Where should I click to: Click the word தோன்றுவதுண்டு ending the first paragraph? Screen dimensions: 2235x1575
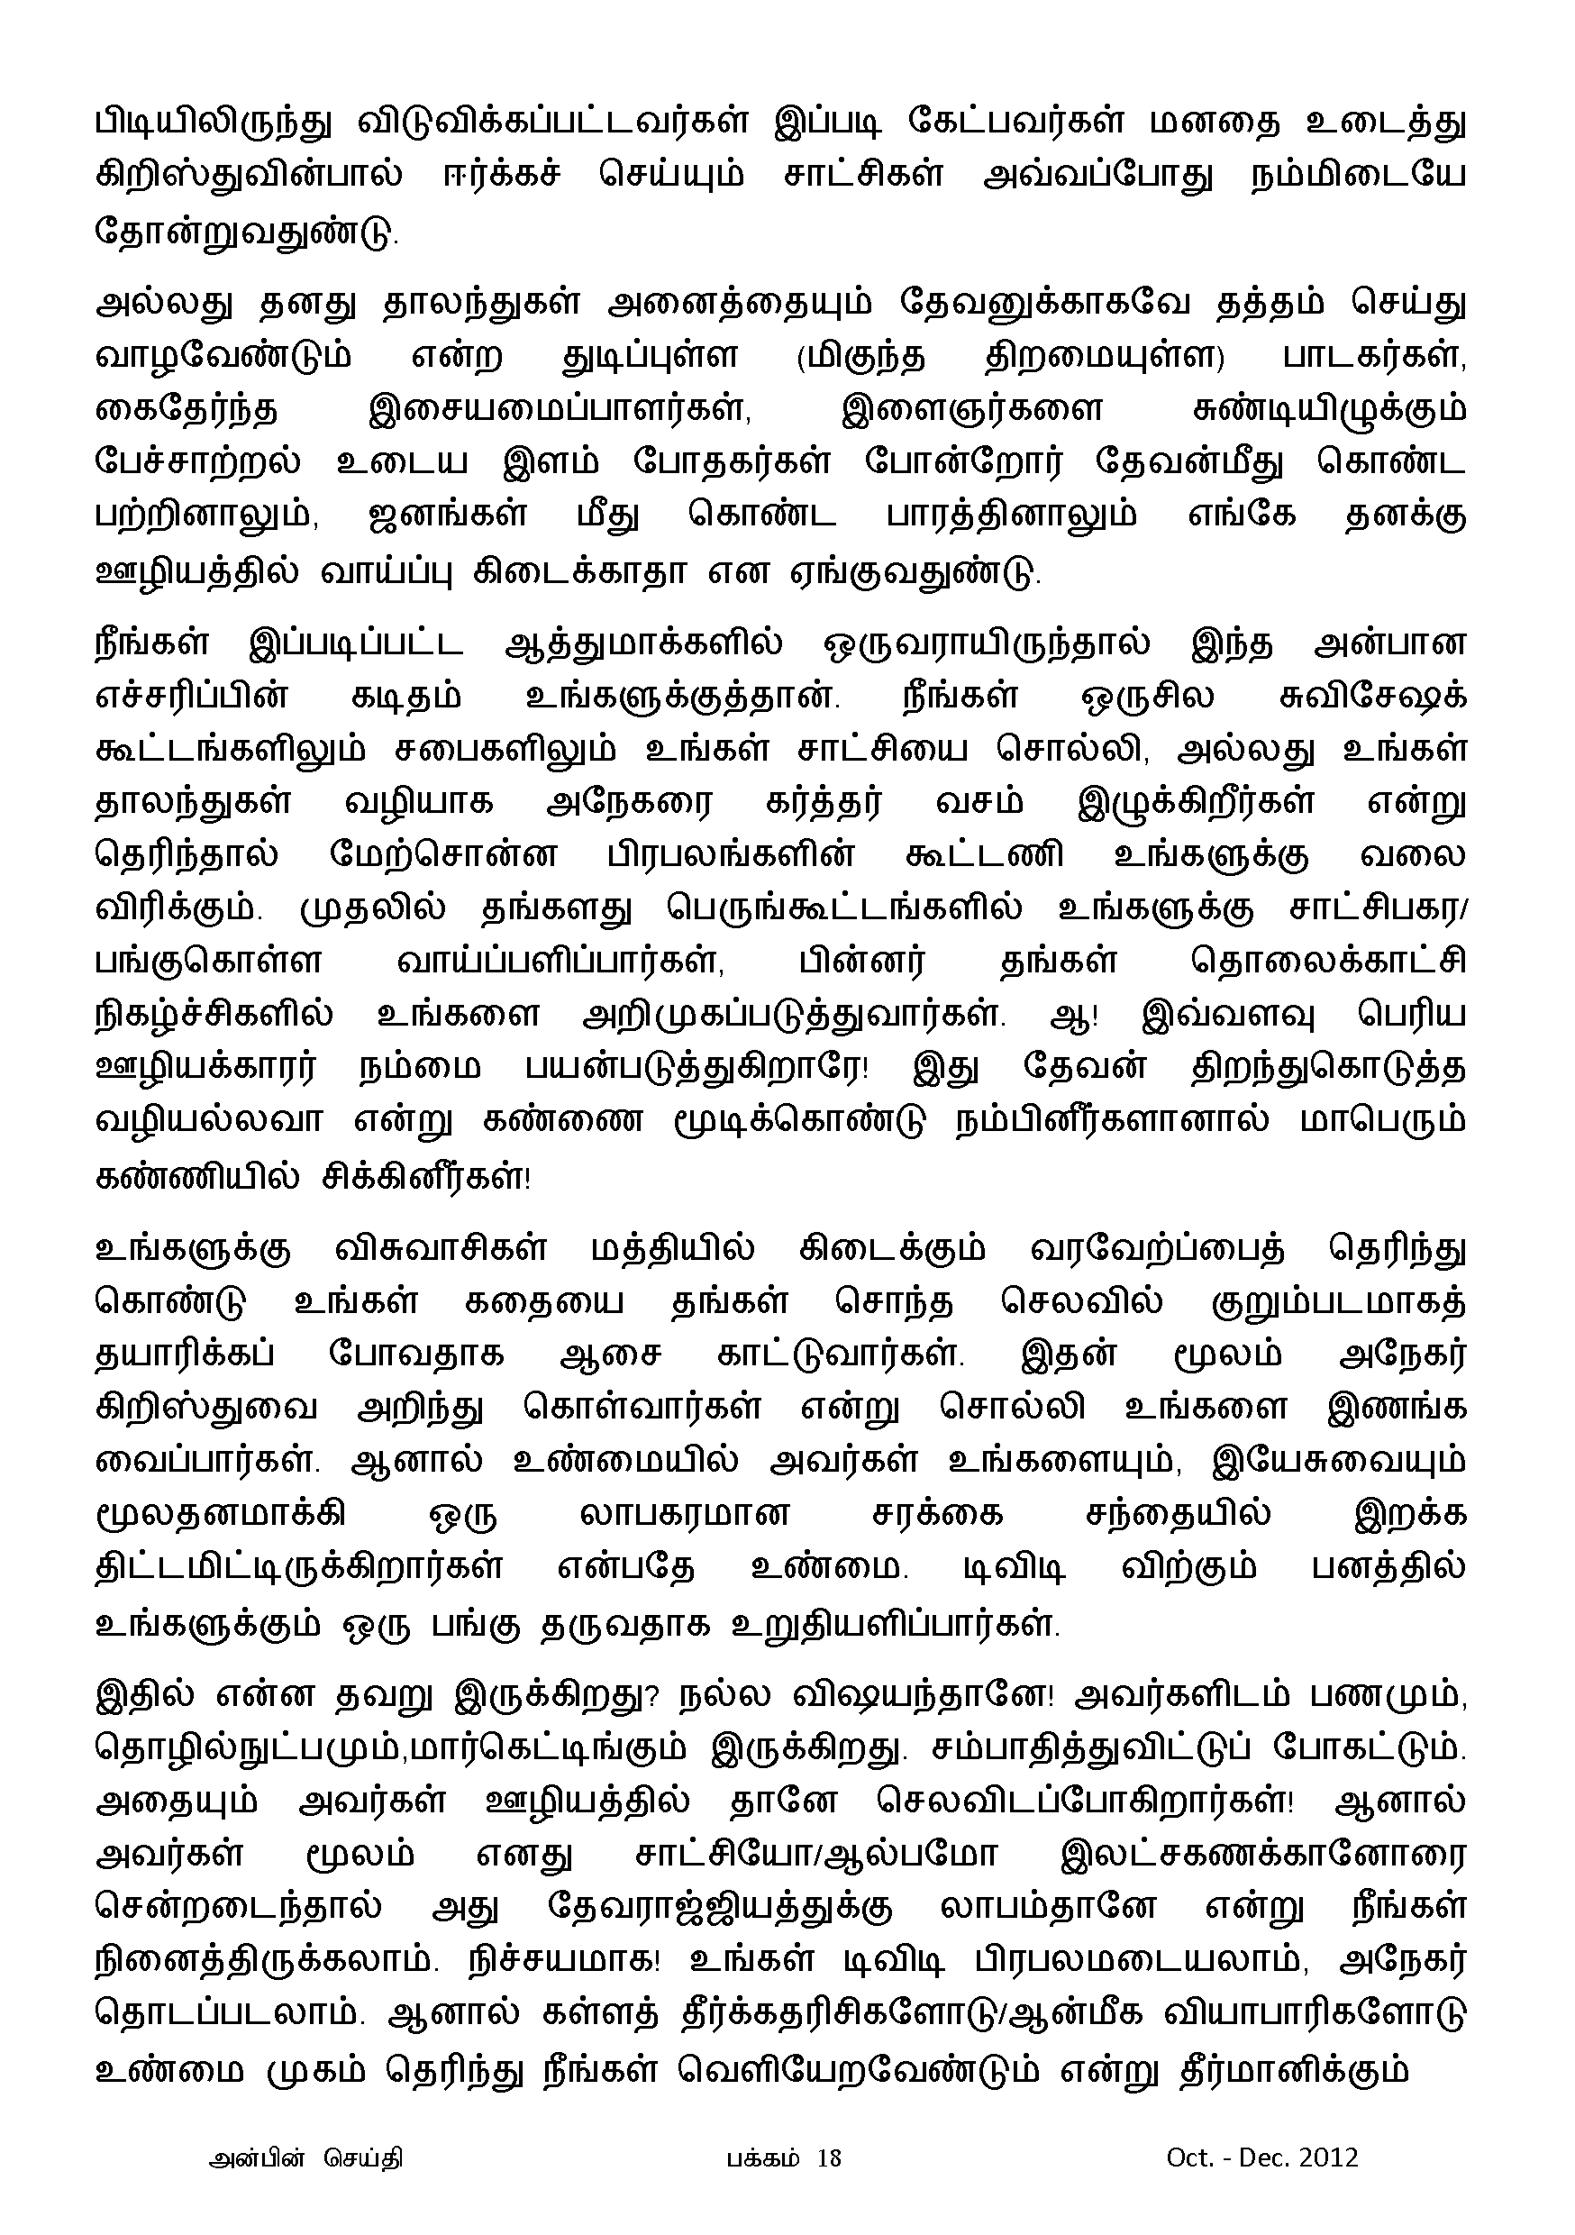point(246,234)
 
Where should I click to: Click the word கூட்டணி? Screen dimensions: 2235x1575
point(984,858)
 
